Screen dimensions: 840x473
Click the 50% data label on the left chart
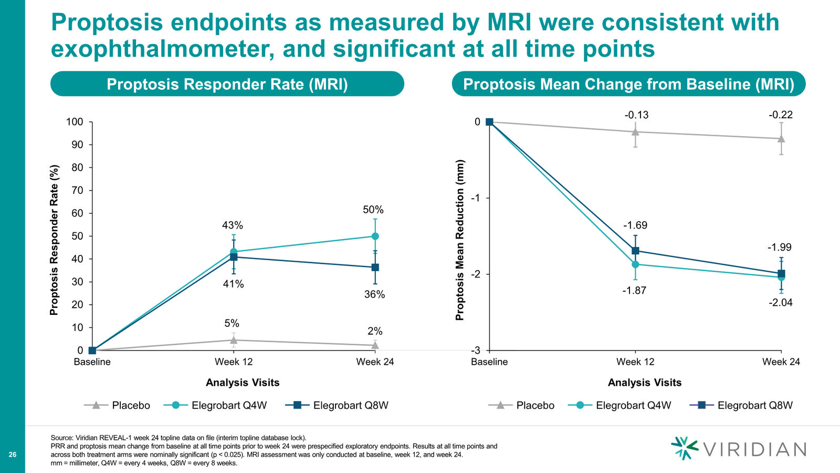coord(373,210)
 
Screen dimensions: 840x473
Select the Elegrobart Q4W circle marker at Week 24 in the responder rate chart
coord(375,236)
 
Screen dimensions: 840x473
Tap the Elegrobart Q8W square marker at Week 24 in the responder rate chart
coord(375,268)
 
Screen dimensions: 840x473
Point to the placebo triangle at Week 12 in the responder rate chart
coord(234,340)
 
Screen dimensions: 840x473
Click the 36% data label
coord(375,295)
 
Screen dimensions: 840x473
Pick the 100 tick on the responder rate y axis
coord(74,121)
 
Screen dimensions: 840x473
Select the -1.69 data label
coord(635,225)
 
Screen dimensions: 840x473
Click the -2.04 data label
coord(781,303)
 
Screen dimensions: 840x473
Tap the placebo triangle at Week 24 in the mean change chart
coord(781,139)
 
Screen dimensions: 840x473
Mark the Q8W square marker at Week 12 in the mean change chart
coord(635,250)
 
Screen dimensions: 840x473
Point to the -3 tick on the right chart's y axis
coord(475,351)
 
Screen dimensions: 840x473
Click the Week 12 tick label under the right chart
coord(635,362)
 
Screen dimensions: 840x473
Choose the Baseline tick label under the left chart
coord(92,362)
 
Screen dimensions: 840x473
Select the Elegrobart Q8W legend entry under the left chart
coord(337,405)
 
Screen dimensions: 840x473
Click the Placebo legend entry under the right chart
coord(521,405)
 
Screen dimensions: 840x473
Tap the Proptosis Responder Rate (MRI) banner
coord(227,84)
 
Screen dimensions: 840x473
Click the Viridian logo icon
coord(684,448)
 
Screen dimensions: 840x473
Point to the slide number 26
coord(13,455)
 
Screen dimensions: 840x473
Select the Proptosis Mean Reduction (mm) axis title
coord(460,240)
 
